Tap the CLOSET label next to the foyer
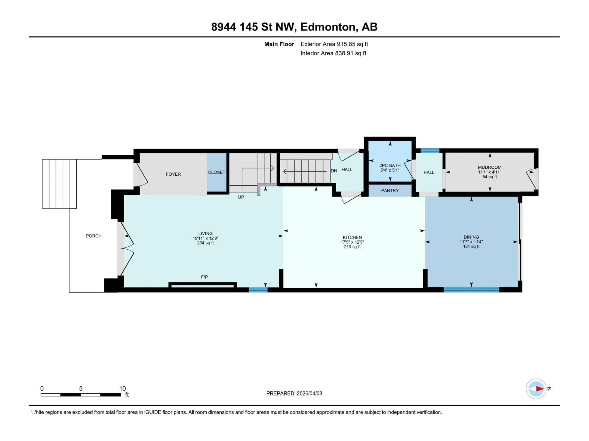(x=216, y=172)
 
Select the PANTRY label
(x=390, y=191)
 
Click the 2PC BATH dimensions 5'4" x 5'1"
(x=390, y=170)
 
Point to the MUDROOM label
(x=489, y=167)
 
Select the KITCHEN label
(x=352, y=237)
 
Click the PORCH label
(x=94, y=236)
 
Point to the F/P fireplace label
(x=204, y=277)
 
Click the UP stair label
(x=241, y=197)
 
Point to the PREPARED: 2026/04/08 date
(x=294, y=393)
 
